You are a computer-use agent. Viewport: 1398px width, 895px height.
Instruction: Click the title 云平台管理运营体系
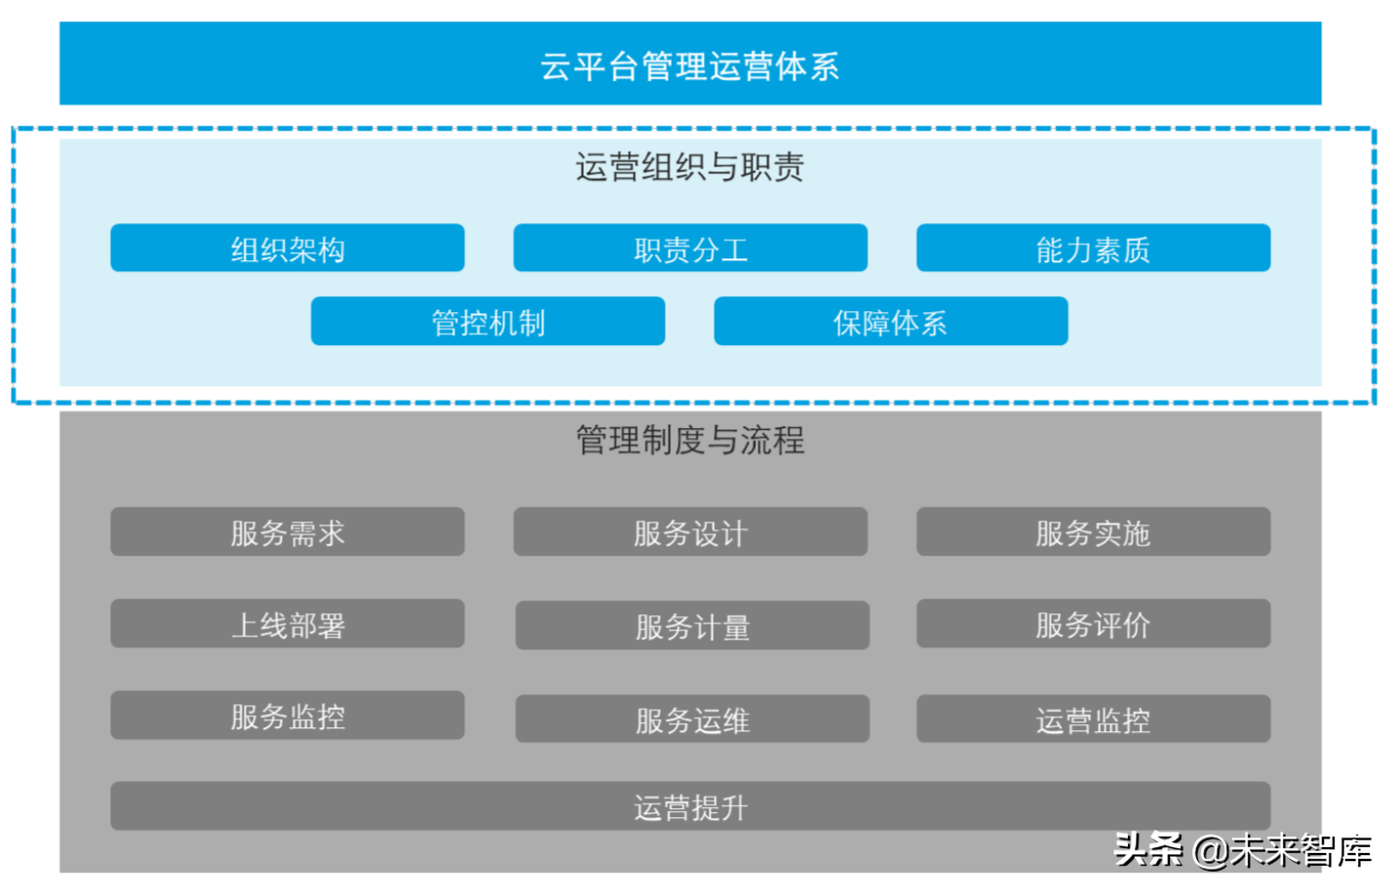point(690,65)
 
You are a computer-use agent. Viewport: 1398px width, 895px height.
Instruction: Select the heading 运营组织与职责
point(690,168)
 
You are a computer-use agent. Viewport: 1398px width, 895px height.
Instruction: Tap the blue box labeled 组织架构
point(288,249)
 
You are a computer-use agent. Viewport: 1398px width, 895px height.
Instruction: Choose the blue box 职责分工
point(690,249)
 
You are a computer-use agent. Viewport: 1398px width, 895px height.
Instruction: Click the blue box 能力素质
point(1093,249)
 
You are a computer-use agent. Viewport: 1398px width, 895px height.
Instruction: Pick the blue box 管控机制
point(487,322)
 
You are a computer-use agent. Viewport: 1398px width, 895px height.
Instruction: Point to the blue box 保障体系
point(890,322)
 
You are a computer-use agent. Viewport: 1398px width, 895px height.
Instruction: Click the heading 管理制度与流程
point(690,441)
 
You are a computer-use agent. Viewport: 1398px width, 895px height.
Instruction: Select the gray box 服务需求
point(288,532)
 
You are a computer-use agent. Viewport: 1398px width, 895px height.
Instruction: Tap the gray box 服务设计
point(690,532)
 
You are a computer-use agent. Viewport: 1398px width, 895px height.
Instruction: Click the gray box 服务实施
point(1093,532)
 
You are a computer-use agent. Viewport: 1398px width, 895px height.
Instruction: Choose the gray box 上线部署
point(288,624)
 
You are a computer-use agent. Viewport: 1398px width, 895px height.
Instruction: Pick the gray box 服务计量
point(692,626)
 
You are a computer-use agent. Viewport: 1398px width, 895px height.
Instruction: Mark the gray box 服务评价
point(1093,624)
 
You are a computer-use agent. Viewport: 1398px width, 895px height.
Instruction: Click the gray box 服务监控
point(288,716)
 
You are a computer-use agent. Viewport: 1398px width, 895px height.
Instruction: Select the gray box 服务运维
point(692,720)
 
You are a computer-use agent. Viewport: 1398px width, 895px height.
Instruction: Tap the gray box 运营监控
point(1093,720)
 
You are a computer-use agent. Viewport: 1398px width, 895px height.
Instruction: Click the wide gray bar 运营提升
point(690,806)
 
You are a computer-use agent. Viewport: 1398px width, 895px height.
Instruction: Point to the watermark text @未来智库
point(1282,851)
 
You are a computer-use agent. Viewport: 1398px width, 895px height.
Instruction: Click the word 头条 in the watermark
point(1148,849)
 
